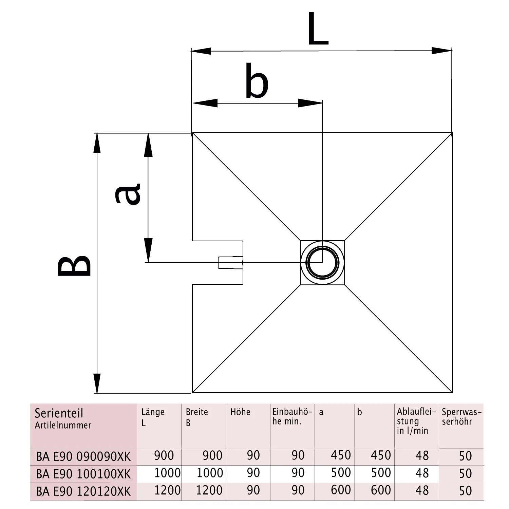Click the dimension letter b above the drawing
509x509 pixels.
[257, 81]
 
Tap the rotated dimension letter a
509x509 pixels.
[128, 194]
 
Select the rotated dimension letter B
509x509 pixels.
[74, 266]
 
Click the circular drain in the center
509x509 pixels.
[322, 263]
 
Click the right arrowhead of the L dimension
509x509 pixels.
[441, 51]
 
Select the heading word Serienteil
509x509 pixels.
[59, 413]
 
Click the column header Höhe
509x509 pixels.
[240, 412]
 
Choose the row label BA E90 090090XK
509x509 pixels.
[83, 457]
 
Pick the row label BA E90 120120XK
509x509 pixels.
[83, 491]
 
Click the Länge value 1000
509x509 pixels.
[167, 473]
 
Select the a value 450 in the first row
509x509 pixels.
[341, 455]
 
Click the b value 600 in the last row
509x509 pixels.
[381, 490]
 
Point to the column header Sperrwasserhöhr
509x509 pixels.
[461, 417]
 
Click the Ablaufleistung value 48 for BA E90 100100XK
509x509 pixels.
[422, 473]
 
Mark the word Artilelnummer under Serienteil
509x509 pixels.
[63, 425]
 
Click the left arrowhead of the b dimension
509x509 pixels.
[205, 103]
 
